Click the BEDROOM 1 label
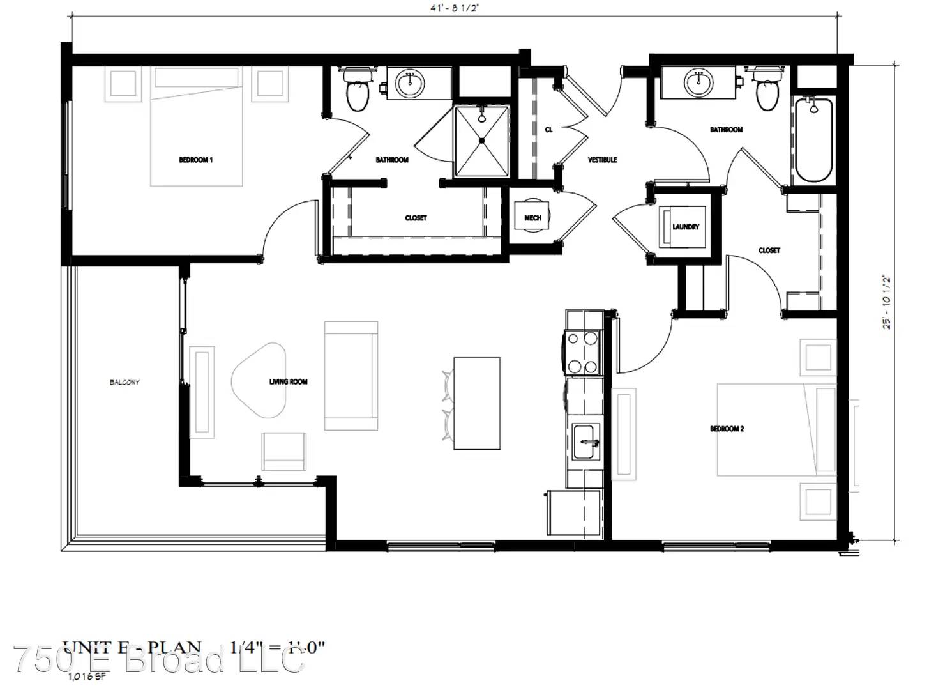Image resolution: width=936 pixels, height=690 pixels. [195, 160]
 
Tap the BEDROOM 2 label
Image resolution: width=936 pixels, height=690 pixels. [727, 429]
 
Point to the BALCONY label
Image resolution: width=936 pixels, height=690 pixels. [125, 382]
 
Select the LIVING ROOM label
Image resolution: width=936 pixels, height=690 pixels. [288, 381]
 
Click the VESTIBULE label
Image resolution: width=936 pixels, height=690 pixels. [602, 160]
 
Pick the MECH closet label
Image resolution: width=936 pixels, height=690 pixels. [532, 218]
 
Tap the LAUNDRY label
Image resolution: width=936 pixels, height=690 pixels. [686, 227]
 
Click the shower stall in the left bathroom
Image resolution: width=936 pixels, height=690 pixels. [482, 141]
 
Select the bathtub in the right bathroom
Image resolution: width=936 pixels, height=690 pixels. [813, 139]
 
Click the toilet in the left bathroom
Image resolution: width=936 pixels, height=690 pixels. [357, 89]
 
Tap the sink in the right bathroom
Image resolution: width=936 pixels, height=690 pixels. [698, 82]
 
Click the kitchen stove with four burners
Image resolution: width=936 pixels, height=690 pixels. [583, 351]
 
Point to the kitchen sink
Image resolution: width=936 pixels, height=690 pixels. [585, 442]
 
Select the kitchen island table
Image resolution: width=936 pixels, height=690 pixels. [476, 403]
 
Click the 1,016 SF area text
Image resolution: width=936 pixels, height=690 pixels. [86, 675]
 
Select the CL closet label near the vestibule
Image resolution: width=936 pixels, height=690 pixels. [548, 130]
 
